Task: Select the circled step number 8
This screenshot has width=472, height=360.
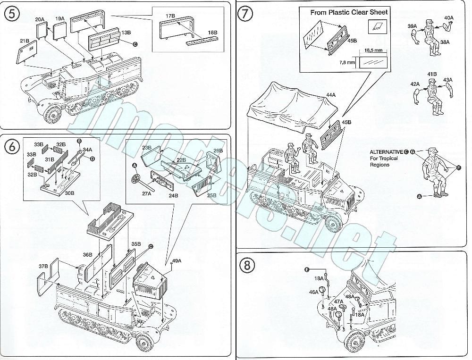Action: coord(248,265)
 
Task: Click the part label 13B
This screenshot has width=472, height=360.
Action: coord(126,33)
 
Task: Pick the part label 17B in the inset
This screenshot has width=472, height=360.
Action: coord(170,16)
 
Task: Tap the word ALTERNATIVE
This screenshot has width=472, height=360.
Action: coord(386,152)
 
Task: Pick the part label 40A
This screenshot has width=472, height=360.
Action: coord(448,18)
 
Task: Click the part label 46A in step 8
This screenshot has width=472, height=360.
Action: coord(314,292)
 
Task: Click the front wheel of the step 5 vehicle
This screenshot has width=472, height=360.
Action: coord(53,114)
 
